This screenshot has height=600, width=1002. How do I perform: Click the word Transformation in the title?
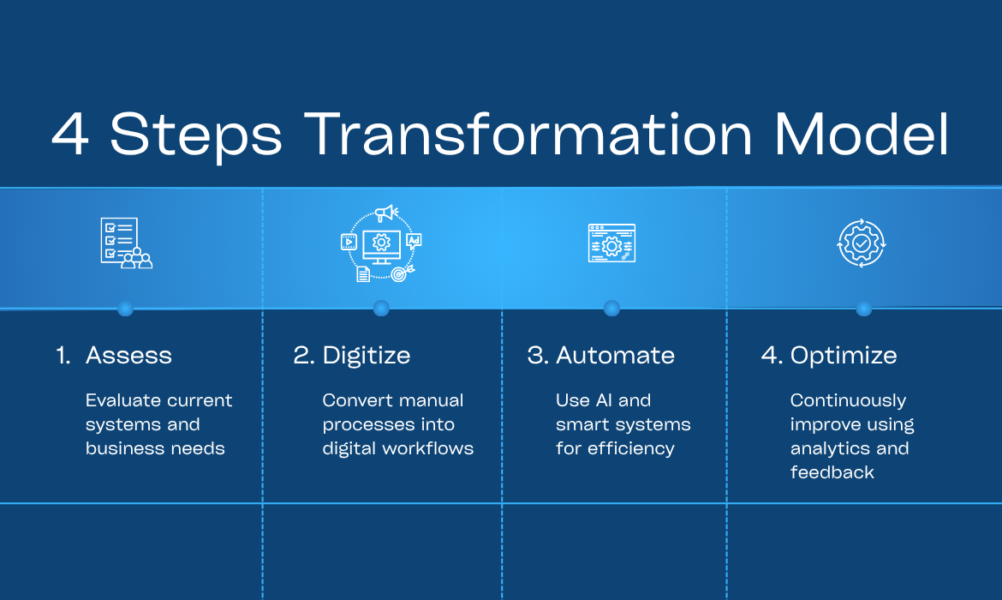528,134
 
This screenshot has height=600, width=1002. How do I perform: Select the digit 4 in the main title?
70,134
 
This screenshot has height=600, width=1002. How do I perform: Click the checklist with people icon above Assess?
127,243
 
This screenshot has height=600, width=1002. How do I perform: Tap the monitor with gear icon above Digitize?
381,243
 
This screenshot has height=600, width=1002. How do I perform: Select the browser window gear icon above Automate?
611,243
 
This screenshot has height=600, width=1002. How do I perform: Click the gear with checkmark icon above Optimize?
862,243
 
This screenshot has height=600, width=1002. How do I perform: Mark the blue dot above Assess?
125,309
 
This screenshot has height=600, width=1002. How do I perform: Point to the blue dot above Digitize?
381,309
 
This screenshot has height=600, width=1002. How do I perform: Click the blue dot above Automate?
611,309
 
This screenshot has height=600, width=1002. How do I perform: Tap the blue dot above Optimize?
863,309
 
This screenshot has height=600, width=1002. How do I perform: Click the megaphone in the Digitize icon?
386,213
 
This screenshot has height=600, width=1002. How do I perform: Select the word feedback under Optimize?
832,472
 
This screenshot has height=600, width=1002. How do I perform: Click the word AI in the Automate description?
604,400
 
